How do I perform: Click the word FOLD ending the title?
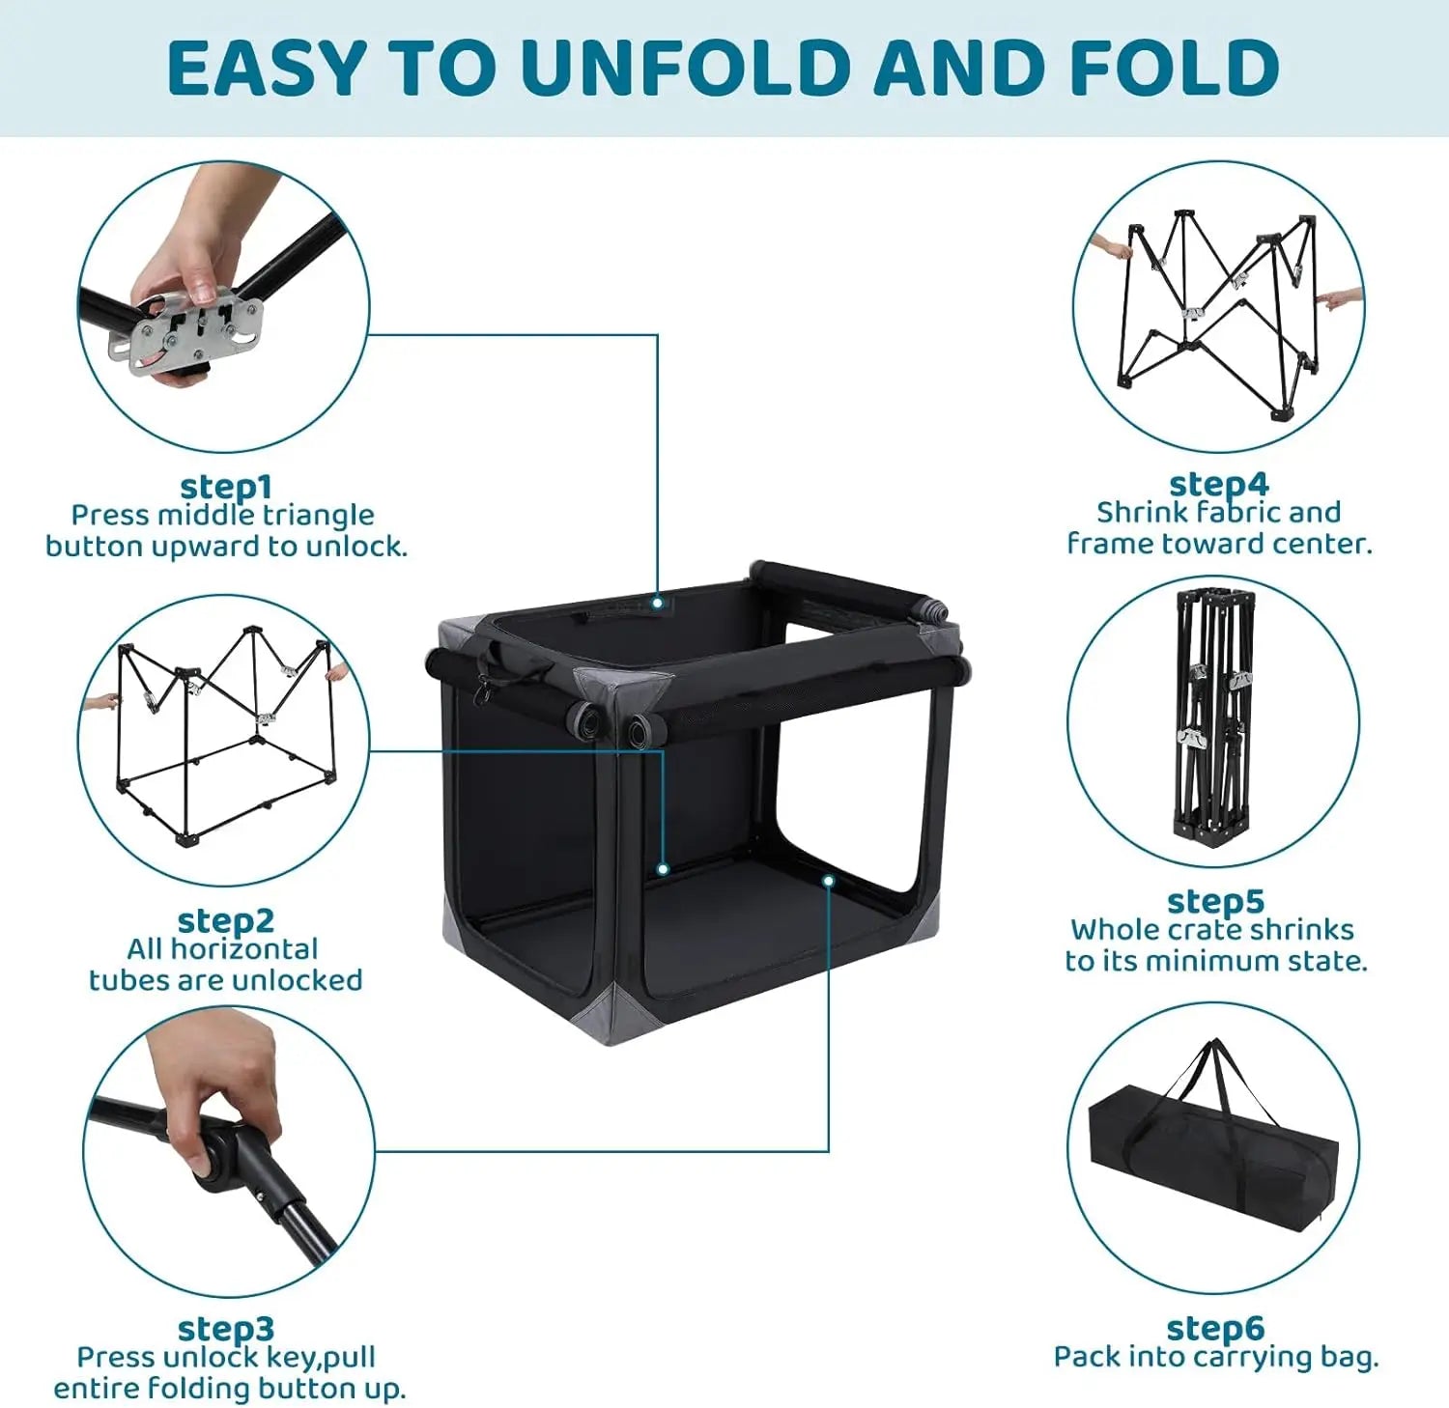click(x=1175, y=67)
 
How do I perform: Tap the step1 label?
click(x=226, y=486)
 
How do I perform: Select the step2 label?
click(x=226, y=920)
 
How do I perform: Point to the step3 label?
click(x=226, y=1329)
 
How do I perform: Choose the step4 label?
click(x=1219, y=483)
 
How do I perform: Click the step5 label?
click(x=1215, y=901)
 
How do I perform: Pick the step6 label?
click(x=1215, y=1328)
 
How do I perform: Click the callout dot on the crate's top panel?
click(x=657, y=603)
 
